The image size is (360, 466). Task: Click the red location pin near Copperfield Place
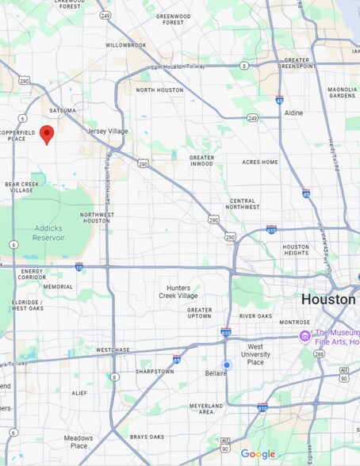click(x=47, y=134)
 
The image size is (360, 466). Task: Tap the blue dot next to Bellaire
click(x=227, y=365)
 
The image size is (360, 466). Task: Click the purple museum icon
click(x=304, y=337)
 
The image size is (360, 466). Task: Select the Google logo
click(x=258, y=454)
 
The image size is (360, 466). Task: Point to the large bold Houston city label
click(x=327, y=300)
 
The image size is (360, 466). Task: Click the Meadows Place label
click(x=79, y=441)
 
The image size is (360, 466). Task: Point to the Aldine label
click(x=293, y=113)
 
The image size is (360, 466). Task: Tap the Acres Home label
click(x=260, y=162)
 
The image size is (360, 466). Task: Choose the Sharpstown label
click(x=132, y=371)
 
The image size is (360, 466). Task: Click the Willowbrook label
click(x=126, y=45)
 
